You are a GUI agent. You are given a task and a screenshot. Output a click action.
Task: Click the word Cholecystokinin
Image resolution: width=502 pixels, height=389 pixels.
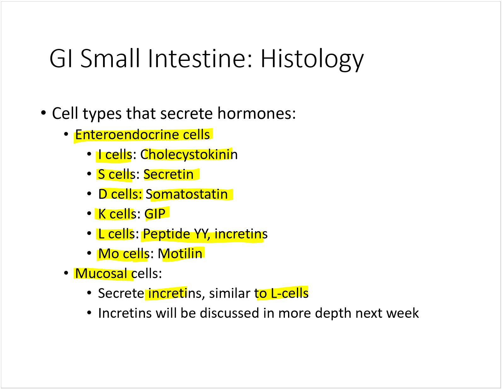click(189, 155)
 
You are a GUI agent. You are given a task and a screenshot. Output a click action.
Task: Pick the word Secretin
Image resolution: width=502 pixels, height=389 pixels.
click(168, 174)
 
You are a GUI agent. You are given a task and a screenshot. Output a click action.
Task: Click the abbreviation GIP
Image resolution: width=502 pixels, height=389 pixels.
click(155, 214)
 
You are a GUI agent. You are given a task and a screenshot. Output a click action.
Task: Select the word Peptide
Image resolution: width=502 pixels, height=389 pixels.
click(166, 234)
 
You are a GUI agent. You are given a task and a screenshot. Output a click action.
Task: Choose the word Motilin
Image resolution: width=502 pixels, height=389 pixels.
click(180, 253)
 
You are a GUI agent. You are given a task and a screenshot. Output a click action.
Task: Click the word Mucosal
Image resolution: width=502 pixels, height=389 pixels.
click(101, 273)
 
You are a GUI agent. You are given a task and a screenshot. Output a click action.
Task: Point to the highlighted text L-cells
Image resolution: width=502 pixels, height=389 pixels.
click(290, 293)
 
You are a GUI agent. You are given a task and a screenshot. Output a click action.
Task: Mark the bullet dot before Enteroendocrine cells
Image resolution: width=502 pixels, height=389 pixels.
click(66, 134)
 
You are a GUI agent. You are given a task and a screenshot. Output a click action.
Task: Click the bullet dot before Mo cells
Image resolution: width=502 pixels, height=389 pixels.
click(89, 253)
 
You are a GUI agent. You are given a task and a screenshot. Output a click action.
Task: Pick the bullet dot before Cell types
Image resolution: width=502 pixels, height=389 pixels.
click(43, 113)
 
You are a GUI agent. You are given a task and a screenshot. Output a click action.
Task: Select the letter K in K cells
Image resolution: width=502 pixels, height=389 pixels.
click(102, 214)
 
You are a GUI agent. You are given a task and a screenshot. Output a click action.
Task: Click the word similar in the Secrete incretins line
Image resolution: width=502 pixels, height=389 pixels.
click(230, 293)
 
